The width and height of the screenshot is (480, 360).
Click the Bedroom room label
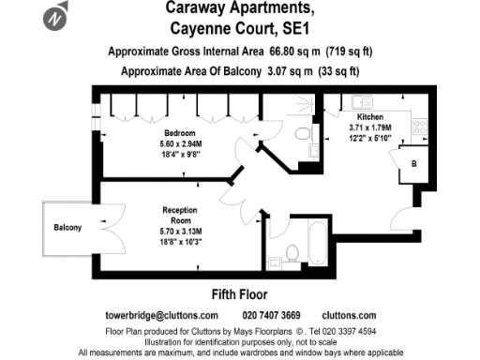point(179,133)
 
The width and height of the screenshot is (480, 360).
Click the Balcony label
point(67,228)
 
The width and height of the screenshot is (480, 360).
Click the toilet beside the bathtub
point(292,251)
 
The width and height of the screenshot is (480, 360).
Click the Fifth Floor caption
point(239,294)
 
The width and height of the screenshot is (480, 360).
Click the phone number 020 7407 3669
point(272,315)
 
